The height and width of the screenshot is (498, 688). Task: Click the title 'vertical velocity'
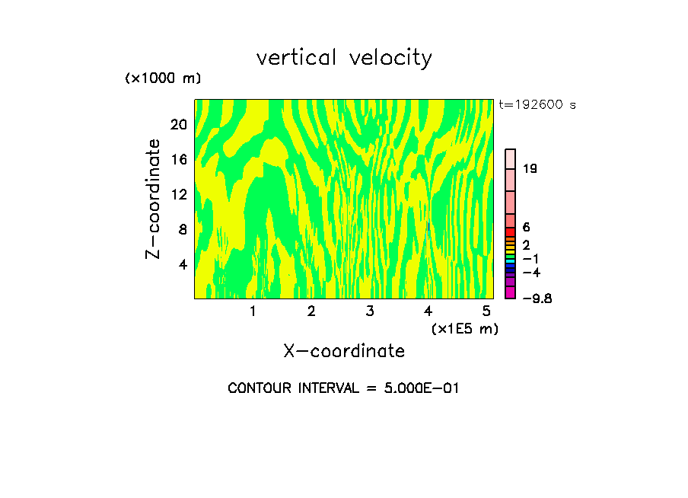pyautogui.click(x=344, y=58)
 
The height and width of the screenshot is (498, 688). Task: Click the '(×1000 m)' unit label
pyautogui.click(x=163, y=79)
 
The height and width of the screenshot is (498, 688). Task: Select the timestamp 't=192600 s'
pyautogui.click(x=537, y=105)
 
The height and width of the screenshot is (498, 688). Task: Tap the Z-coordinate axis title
pyautogui.click(x=154, y=199)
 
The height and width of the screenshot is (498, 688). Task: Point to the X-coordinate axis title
pyautogui.click(x=344, y=351)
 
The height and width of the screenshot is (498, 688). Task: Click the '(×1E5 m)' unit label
pyautogui.click(x=464, y=328)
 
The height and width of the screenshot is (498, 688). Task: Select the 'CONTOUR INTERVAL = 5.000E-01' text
pyautogui.click(x=344, y=388)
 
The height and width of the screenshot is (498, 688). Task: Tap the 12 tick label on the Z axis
pyautogui.click(x=179, y=194)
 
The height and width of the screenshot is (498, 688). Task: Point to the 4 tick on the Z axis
pyautogui.click(x=183, y=264)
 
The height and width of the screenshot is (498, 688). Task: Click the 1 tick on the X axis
pyautogui.click(x=253, y=311)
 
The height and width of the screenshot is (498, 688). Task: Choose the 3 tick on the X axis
pyautogui.click(x=369, y=311)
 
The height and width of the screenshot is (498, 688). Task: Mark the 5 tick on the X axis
pyautogui.click(x=486, y=311)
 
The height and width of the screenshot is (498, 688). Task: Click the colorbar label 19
pyautogui.click(x=530, y=168)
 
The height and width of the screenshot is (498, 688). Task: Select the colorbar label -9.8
pyautogui.click(x=537, y=298)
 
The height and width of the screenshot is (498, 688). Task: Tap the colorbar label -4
pyautogui.click(x=531, y=273)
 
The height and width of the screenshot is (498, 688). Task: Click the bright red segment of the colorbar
pyautogui.click(x=511, y=231)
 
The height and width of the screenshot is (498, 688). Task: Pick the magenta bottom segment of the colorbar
pyautogui.click(x=511, y=292)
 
